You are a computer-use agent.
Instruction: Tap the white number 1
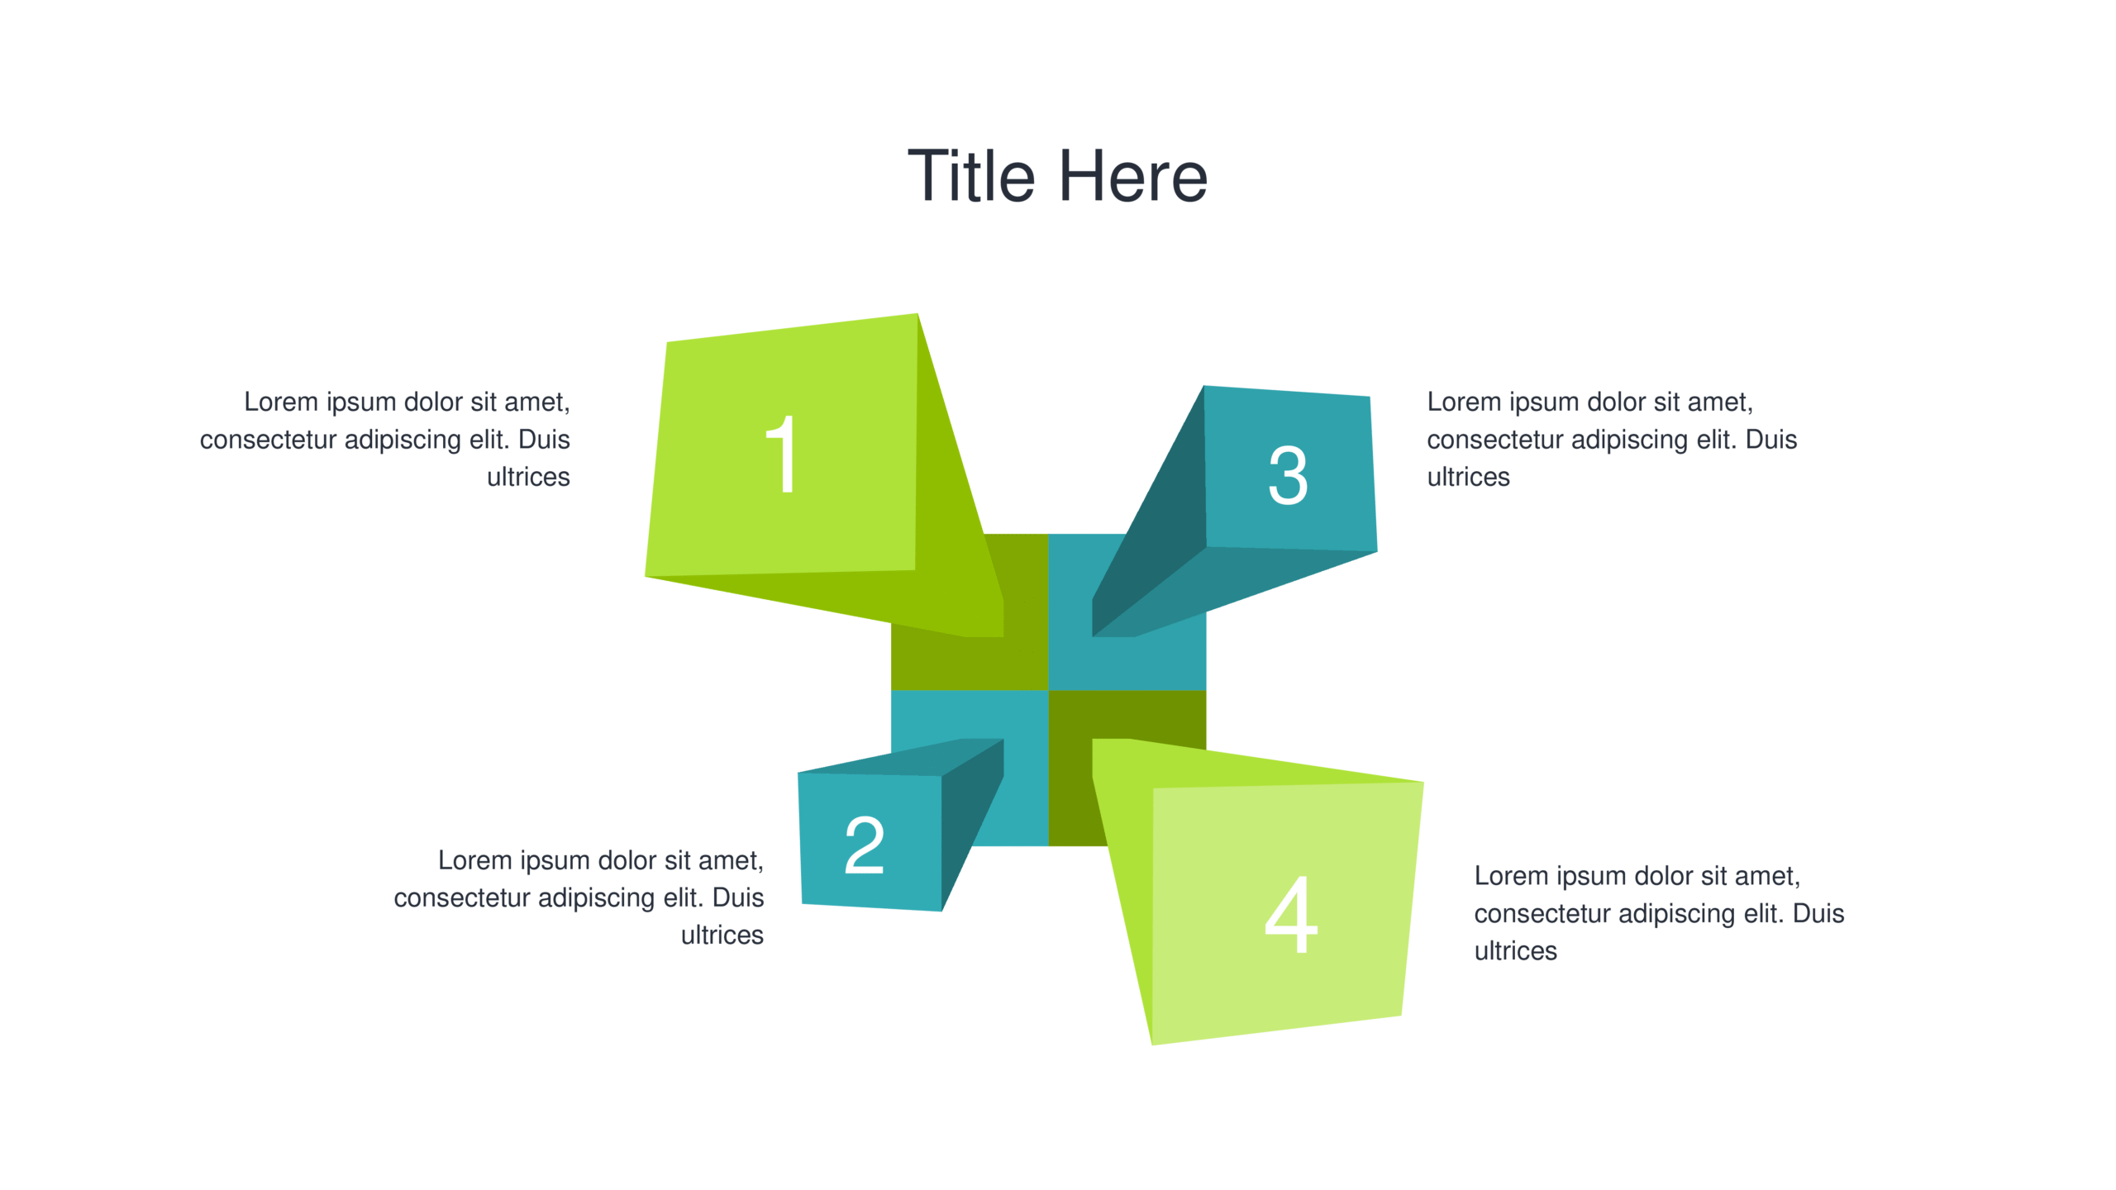click(x=781, y=454)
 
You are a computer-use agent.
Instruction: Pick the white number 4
click(x=1290, y=914)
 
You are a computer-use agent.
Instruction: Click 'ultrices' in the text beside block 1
click(x=528, y=477)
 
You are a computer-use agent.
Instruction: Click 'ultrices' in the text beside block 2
click(x=722, y=935)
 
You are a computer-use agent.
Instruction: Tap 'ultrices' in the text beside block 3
click(x=1468, y=477)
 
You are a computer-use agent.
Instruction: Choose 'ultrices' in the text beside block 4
click(x=1515, y=950)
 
